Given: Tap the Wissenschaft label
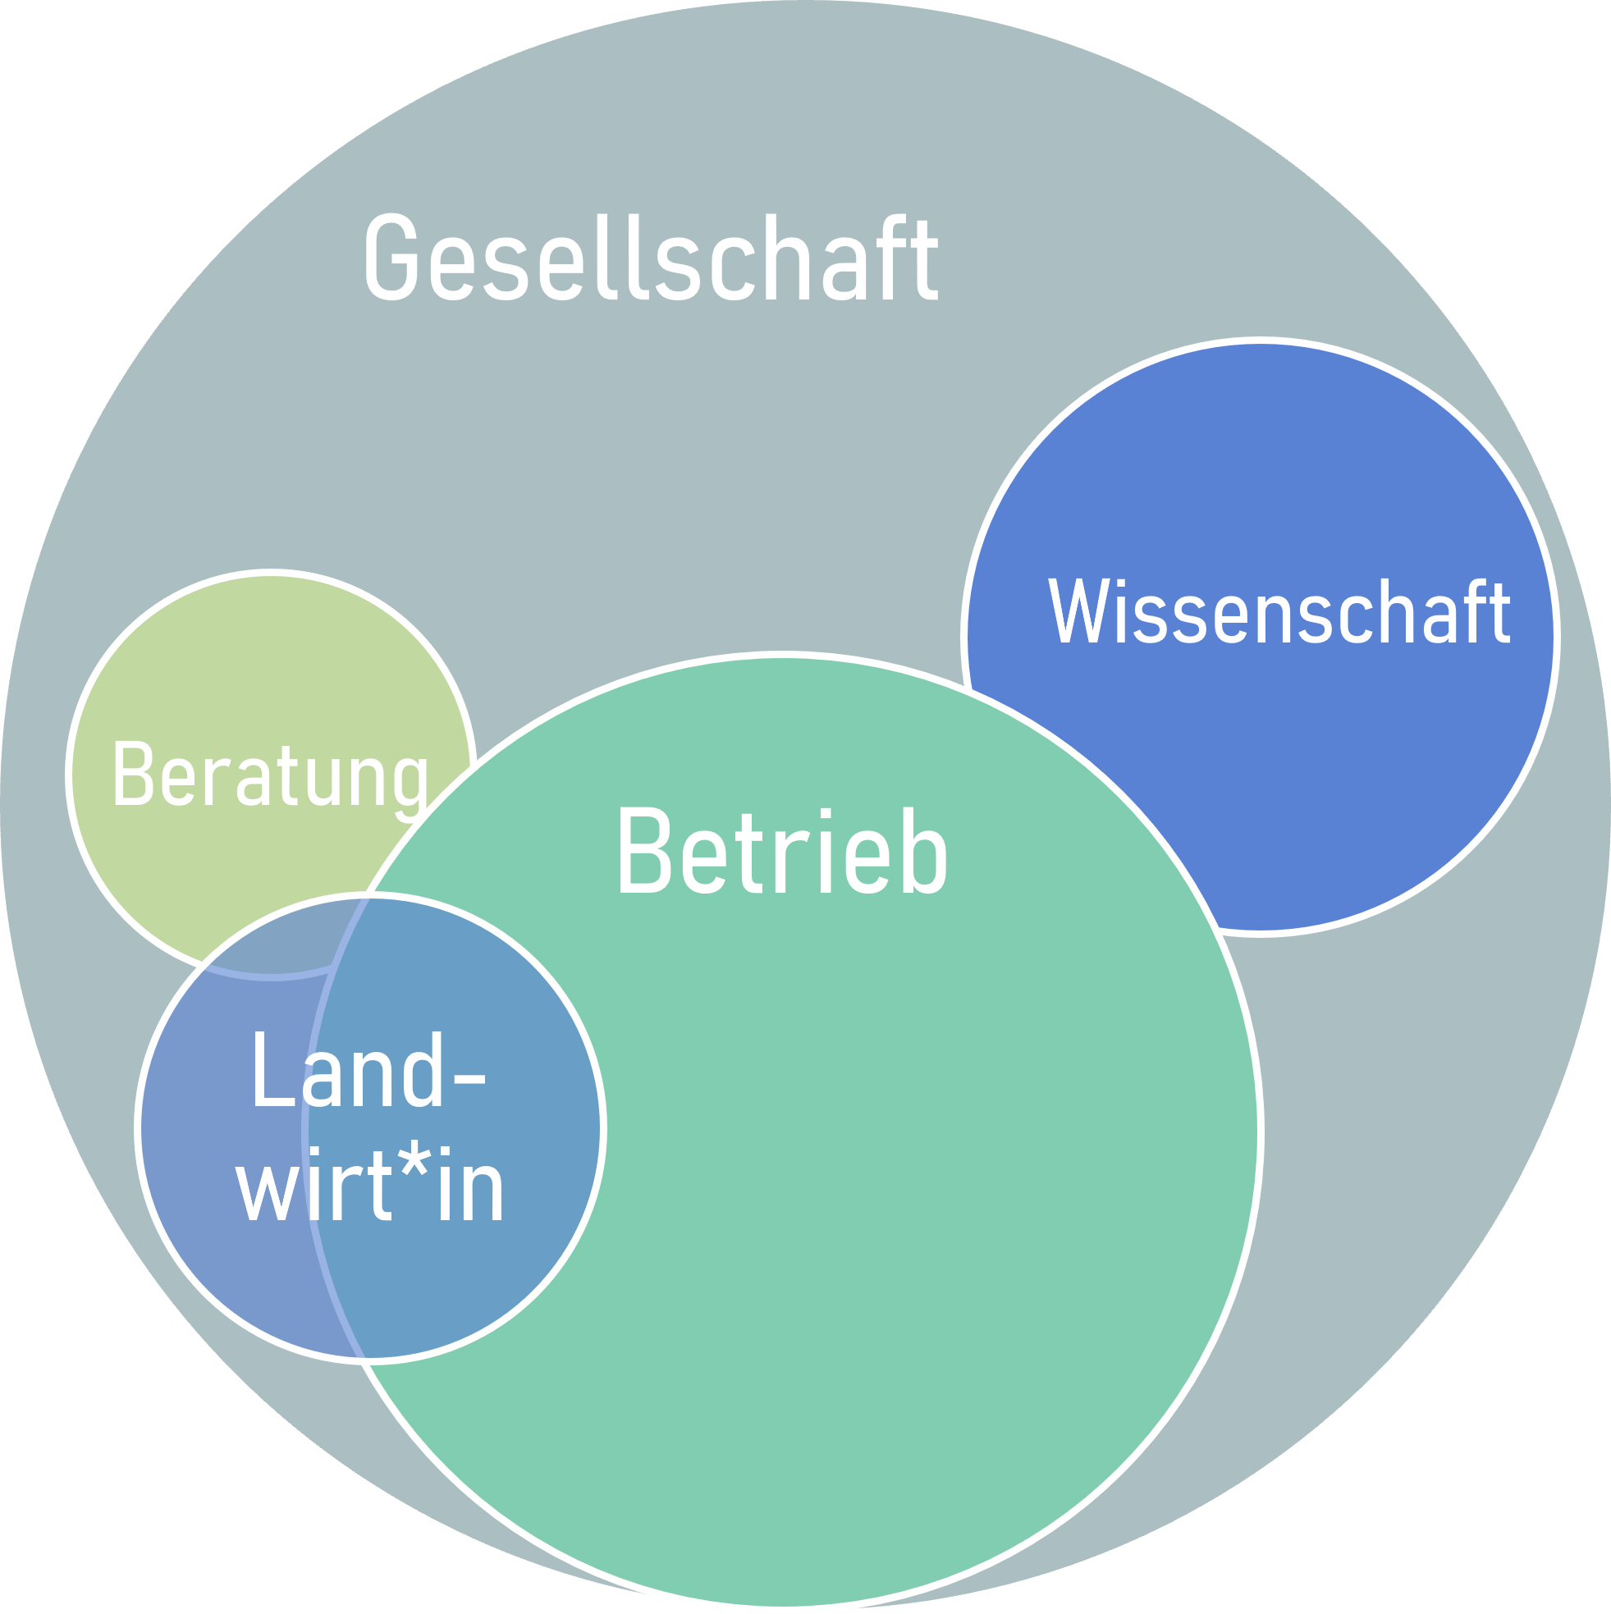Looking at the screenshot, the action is coord(1279,612).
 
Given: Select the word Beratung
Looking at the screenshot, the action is coord(270,776).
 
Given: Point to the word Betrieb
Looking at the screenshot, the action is coord(781,852).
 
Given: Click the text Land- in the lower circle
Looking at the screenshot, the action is coord(368,1071).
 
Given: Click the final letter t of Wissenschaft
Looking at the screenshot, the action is coord(1500,612).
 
